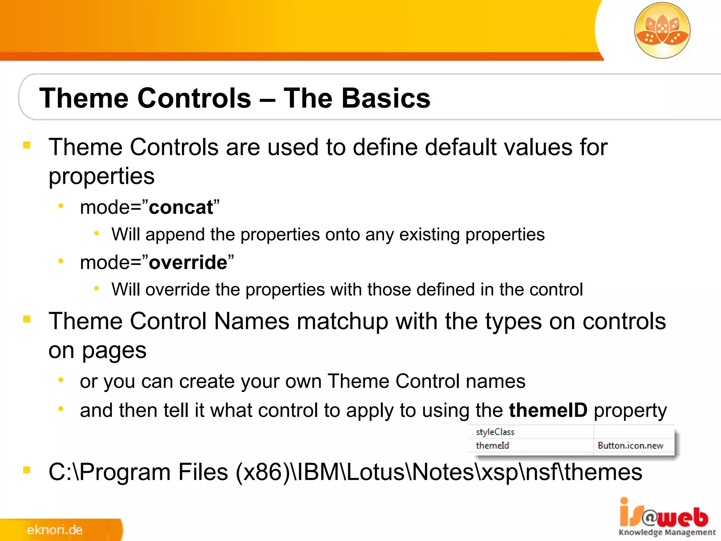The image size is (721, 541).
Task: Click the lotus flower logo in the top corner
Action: [662, 30]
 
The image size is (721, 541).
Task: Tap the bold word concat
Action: [181, 207]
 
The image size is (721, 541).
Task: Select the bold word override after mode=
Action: [188, 262]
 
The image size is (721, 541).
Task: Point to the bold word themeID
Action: [548, 410]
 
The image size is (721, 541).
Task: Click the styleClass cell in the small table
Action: [495, 432]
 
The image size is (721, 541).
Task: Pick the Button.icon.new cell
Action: [630, 446]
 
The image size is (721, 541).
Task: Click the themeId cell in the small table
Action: [492, 446]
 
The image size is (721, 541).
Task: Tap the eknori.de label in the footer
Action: [55, 530]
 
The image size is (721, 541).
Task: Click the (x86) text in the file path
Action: [262, 472]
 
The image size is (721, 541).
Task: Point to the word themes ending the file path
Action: [603, 472]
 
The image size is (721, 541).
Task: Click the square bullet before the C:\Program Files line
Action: [27, 470]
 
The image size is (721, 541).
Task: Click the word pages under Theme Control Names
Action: [114, 351]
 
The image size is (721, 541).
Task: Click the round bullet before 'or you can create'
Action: [61, 380]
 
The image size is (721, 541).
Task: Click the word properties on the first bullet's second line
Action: [101, 176]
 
